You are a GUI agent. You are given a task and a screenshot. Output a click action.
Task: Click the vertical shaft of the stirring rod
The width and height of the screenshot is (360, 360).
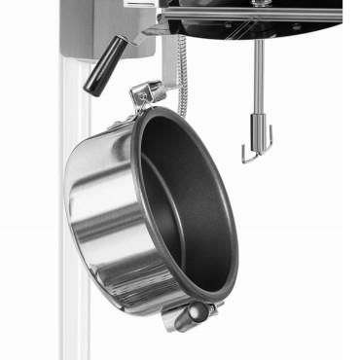[x=258, y=78]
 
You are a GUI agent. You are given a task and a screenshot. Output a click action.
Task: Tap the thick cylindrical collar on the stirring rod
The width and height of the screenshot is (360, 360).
[x=259, y=125]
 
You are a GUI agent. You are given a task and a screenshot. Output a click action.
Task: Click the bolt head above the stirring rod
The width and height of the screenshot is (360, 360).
[x=260, y=4]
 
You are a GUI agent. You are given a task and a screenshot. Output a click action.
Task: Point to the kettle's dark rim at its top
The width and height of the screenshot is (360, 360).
[x=165, y=111]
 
